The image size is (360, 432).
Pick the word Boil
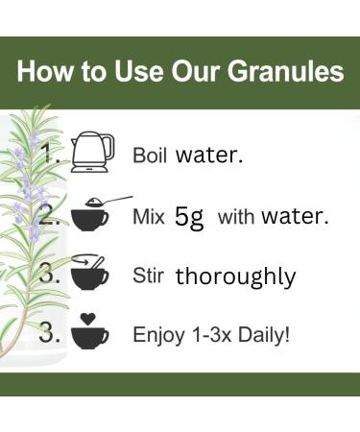(150, 156)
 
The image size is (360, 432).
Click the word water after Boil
(209, 156)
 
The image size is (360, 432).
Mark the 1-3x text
(208, 335)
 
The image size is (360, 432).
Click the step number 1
(51, 153)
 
